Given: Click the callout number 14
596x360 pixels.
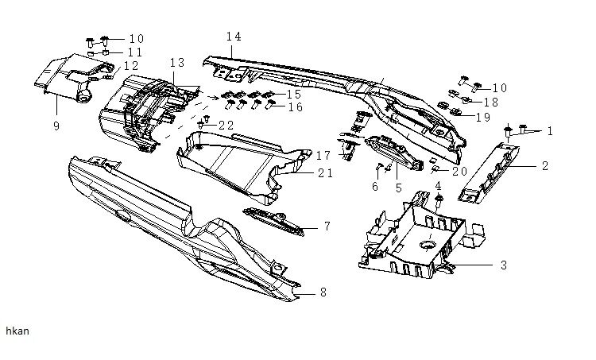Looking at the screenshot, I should pyautogui.click(x=233, y=37).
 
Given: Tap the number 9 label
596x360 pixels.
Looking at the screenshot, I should pyautogui.click(x=56, y=103).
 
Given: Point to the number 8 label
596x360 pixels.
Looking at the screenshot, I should pyautogui.click(x=322, y=292).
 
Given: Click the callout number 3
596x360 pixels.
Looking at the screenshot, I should pyautogui.click(x=503, y=265).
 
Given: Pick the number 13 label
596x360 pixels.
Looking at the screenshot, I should pyautogui.click(x=176, y=62).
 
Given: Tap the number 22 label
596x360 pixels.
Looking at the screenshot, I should pyautogui.click(x=226, y=126).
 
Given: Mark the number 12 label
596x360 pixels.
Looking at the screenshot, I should pyautogui.click(x=130, y=65).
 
